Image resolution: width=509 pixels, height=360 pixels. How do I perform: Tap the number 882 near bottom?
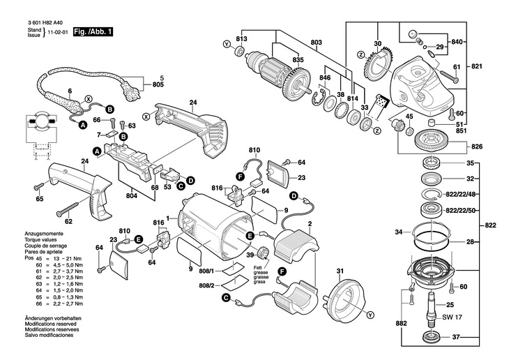click(402, 323)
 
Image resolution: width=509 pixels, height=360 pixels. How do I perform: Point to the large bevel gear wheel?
click(433, 143)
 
